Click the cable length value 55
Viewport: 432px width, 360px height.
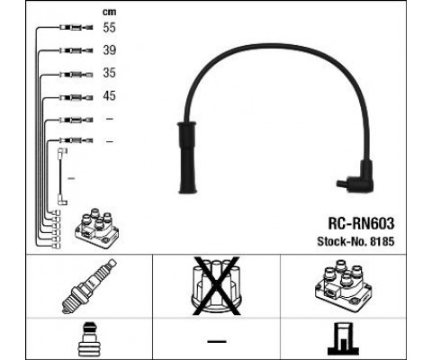click(109, 28)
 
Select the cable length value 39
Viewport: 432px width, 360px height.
click(109, 50)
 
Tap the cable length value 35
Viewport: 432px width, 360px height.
click(109, 73)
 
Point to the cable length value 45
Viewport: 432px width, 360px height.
click(109, 95)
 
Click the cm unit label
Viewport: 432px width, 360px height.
click(109, 12)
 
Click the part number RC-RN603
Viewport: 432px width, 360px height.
click(361, 223)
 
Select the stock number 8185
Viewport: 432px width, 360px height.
click(382, 241)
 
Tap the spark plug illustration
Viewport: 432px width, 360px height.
click(89, 286)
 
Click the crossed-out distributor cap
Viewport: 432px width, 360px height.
click(216, 286)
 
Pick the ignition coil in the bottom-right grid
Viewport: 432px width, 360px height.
click(344, 286)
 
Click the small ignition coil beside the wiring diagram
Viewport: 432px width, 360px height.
click(96, 228)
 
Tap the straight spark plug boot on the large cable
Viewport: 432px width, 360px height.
click(187, 157)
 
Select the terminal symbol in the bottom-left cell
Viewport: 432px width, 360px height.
click(89, 339)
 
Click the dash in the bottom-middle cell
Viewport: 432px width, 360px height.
click(216, 341)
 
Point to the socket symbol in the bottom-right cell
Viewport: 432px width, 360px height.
click(343, 339)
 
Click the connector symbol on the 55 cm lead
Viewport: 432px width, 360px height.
click(76, 28)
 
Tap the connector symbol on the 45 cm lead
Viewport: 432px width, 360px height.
click(76, 97)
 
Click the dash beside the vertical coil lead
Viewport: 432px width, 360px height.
click(71, 178)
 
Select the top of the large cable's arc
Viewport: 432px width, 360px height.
click(270, 45)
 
